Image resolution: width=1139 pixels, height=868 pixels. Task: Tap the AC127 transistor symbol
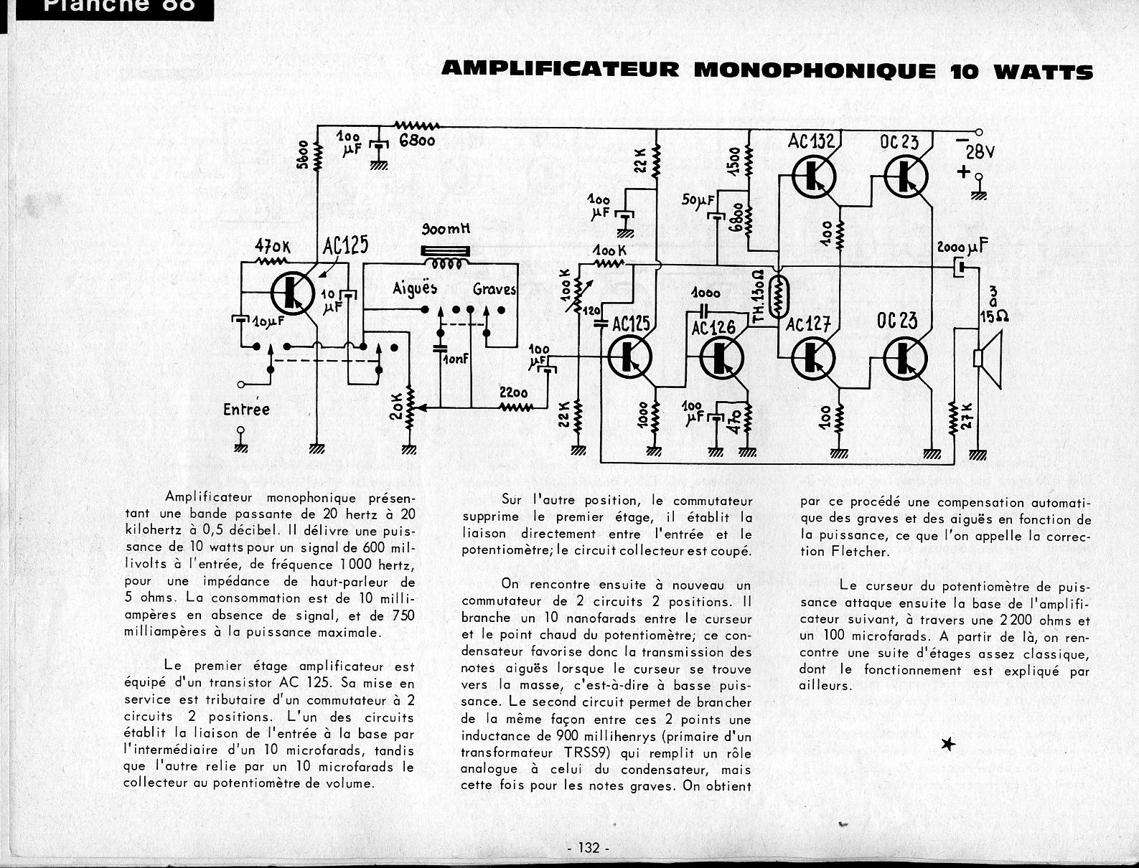pyautogui.click(x=813, y=356)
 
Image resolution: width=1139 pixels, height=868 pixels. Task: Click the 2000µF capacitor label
pyautogui.click(x=962, y=247)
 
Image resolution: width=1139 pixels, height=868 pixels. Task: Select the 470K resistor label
pyautogui.click(x=273, y=247)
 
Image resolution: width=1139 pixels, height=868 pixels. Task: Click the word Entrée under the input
pyautogui.click(x=246, y=410)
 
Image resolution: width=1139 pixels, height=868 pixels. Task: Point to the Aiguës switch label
pyautogui.click(x=415, y=288)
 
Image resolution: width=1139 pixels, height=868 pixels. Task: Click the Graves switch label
pyautogui.click(x=494, y=289)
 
